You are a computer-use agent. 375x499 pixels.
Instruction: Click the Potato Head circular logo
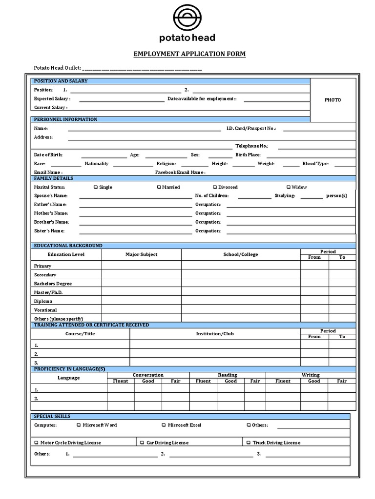[187, 19]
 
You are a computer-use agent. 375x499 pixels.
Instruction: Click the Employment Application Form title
[189, 54]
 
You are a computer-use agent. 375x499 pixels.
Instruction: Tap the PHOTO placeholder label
[333, 100]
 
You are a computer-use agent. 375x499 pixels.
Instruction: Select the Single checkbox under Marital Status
[95, 187]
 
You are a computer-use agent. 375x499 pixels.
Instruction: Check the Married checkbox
[159, 187]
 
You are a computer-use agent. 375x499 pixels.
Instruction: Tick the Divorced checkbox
[215, 187]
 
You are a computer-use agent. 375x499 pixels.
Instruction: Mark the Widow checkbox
[288, 187]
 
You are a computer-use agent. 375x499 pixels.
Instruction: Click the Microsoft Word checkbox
[79, 425]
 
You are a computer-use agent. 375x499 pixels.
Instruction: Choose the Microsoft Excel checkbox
[164, 425]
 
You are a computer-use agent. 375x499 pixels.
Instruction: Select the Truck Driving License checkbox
[249, 442]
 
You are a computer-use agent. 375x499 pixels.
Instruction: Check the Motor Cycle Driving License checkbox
[36, 442]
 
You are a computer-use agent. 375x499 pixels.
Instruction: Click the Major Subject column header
[141, 254]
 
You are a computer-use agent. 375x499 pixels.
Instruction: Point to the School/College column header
[240, 254]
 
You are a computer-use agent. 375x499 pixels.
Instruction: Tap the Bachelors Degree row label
[53, 284]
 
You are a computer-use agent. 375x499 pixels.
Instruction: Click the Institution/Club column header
[215, 334]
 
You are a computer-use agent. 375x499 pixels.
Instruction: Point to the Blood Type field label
[315, 164]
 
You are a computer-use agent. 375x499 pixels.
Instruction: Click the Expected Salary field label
[51, 98]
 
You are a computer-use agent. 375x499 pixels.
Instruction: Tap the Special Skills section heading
[52, 416]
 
